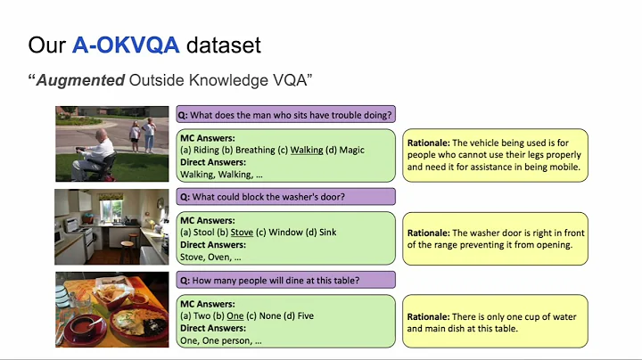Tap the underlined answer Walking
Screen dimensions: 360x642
307,150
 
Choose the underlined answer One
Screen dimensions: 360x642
235,315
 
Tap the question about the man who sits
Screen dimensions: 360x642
285,114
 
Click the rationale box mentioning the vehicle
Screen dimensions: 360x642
495,155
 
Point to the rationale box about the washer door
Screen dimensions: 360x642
495,239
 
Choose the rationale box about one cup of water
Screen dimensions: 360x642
495,323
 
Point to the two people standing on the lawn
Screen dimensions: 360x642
141,135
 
